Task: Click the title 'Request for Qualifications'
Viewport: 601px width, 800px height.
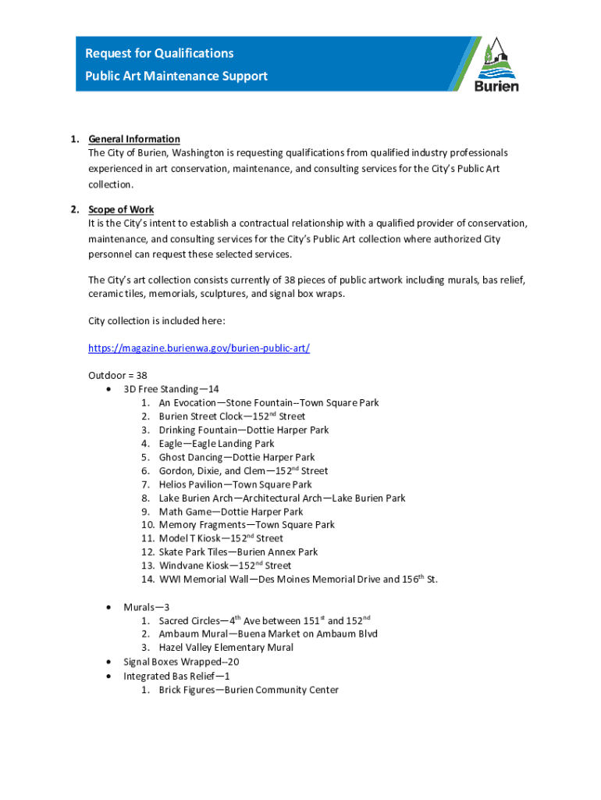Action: pyautogui.click(x=159, y=53)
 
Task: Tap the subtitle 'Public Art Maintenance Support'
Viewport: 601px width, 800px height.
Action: pyautogui.click(x=176, y=76)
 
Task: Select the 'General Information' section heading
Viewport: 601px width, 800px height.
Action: pyautogui.click(x=134, y=139)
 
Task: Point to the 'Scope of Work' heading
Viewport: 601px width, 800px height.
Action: pyautogui.click(x=121, y=209)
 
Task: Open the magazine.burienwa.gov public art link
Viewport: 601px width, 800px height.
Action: pyautogui.click(x=199, y=348)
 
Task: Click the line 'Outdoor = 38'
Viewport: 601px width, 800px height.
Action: pyautogui.click(x=118, y=375)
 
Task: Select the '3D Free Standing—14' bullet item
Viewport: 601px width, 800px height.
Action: pyautogui.click(x=171, y=389)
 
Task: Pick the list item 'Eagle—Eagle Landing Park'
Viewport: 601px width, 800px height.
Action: pyautogui.click(x=217, y=444)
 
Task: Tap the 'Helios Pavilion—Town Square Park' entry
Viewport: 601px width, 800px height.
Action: pyautogui.click(x=235, y=484)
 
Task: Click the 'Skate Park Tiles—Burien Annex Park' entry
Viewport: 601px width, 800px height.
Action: pyautogui.click(x=238, y=552)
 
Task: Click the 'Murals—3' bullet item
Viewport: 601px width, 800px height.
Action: pyautogui.click(x=147, y=607)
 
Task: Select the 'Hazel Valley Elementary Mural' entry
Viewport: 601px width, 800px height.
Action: pyautogui.click(x=226, y=648)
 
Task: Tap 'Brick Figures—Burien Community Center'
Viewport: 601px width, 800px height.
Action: pyautogui.click(x=249, y=690)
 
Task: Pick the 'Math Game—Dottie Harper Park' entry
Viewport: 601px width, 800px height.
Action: pyautogui.click(x=231, y=512)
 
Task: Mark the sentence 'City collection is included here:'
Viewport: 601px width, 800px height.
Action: pyautogui.click(x=158, y=320)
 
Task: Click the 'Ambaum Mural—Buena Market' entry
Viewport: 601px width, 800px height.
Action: pyautogui.click(x=268, y=634)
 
